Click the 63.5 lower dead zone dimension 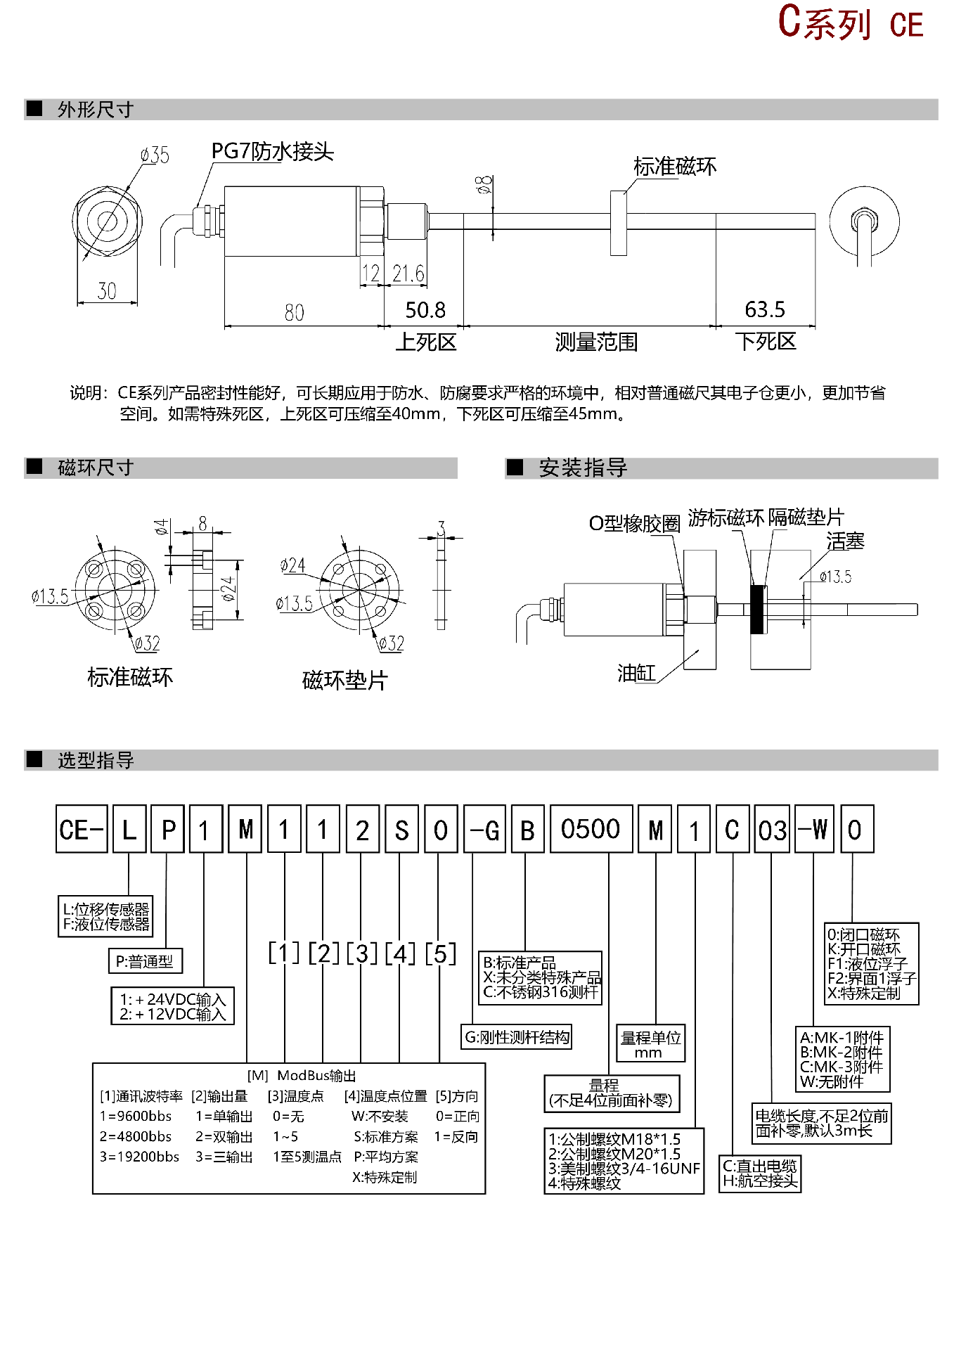click(764, 309)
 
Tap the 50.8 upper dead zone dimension click(425, 310)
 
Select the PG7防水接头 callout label click(272, 151)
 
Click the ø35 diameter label click(155, 155)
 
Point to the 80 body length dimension click(295, 313)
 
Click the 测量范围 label click(596, 342)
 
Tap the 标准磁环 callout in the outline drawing click(675, 167)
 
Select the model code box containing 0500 click(591, 830)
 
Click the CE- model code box click(82, 830)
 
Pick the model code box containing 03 click(772, 830)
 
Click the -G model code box click(485, 830)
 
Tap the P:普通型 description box click(145, 961)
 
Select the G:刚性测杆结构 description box click(517, 1037)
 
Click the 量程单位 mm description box click(650, 1044)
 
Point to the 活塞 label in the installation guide click(845, 541)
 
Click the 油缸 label click(636, 674)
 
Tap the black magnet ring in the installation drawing click(759, 609)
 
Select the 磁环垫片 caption click(344, 680)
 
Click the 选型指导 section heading click(96, 760)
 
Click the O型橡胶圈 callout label click(634, 523)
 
